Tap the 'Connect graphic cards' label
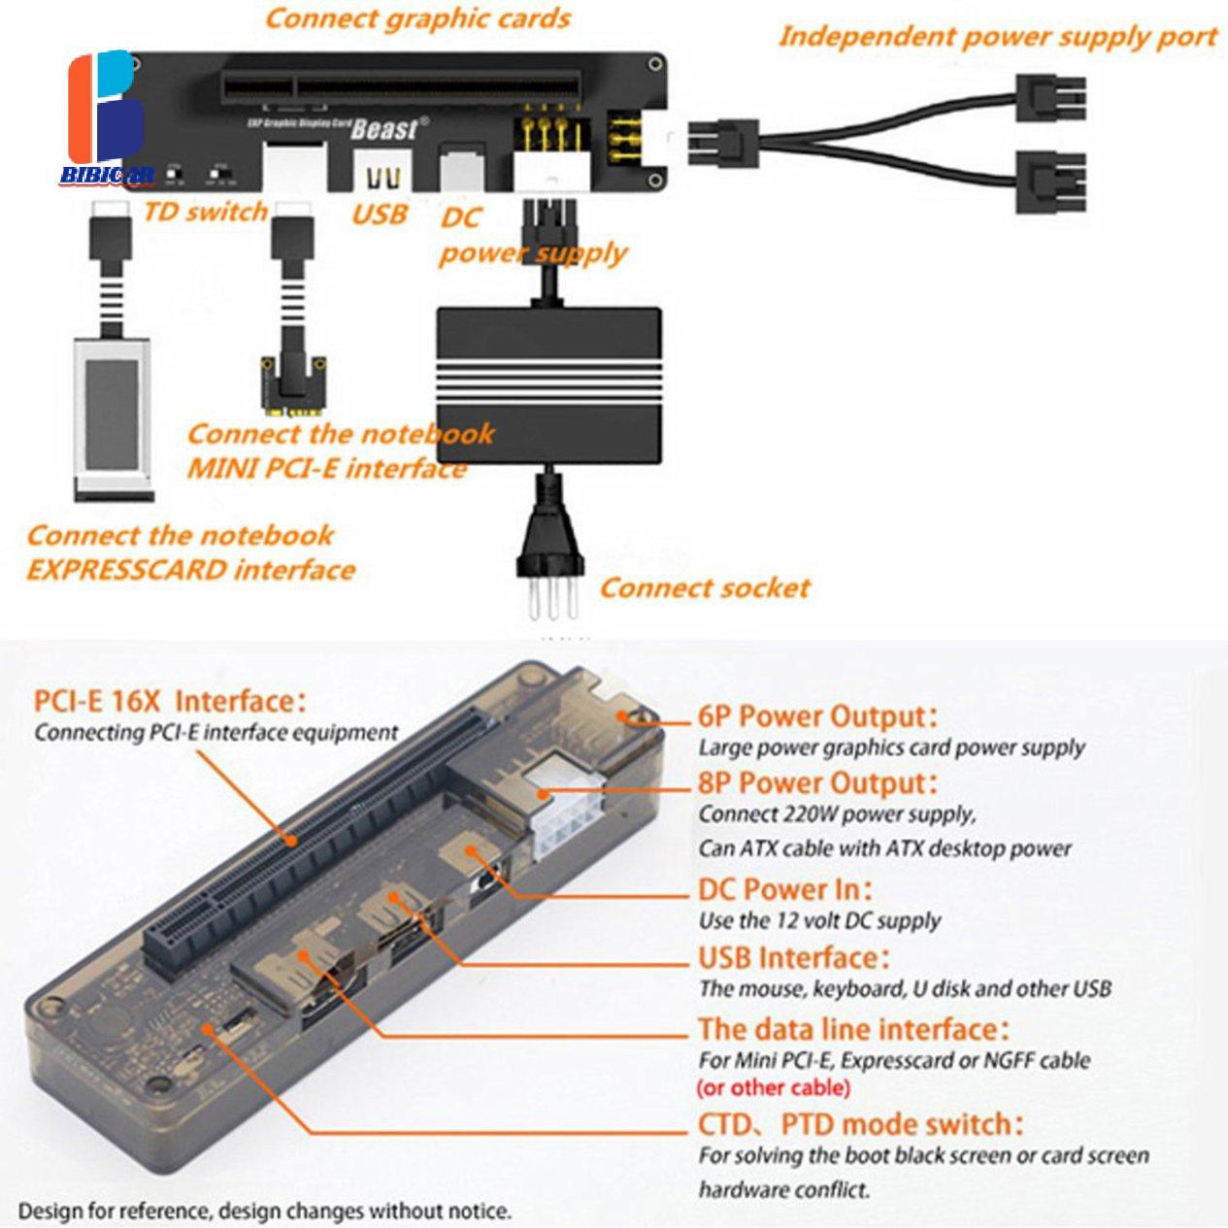[x=417, y=18]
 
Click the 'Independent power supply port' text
[x=997, y=38]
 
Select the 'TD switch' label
[x=205, y=212]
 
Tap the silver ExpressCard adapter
[x=116, y=417]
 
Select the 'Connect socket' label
[x=704, y=587]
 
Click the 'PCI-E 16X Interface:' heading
[x=170, y=701]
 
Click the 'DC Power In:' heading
[x=784, y=889]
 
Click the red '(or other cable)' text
[x=774, y=1087]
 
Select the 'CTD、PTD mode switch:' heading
[x=860, y=1125]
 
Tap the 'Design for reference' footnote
[x=264, y=1211]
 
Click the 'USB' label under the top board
[x=380, y=214]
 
